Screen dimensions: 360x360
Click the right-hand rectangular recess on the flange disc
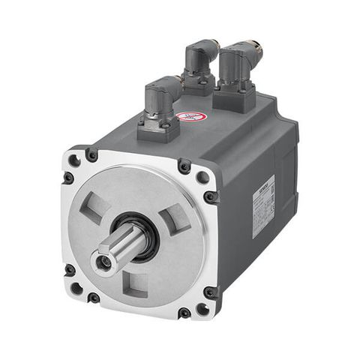(175, 222)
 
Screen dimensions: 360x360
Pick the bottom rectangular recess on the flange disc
(134, 283)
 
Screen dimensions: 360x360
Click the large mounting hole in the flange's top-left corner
(75, 160)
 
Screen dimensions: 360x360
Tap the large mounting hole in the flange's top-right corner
(202, 178)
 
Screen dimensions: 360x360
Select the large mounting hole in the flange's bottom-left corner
(76, 287)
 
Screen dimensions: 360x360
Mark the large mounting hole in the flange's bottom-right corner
(202, 308)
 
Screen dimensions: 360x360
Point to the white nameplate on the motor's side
(263, 206)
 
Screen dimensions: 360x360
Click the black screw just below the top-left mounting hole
(68, 178)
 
